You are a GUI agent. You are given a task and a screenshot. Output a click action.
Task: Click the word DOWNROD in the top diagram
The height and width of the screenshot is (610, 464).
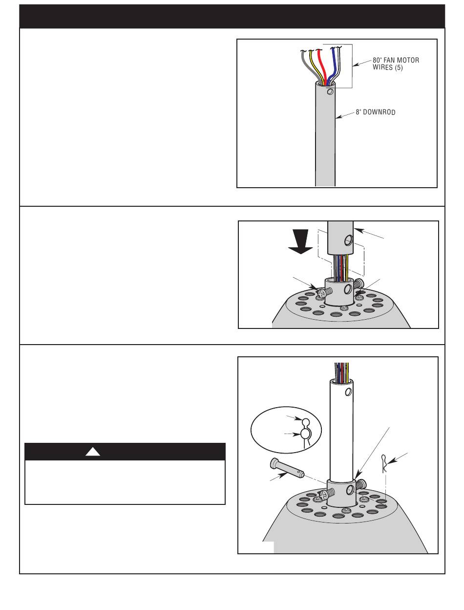click(x=379, y=112)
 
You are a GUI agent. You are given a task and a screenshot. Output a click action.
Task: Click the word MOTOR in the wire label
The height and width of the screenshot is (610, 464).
click(x=408, y=60)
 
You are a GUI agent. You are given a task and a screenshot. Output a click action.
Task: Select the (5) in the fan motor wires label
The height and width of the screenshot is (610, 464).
click(x=399, y=67)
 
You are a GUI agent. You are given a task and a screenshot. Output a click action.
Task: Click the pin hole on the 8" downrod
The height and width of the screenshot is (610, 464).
click(x=330, y=91)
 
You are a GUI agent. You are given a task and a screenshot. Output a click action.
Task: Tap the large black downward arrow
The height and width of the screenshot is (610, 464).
click(x=300, y=241)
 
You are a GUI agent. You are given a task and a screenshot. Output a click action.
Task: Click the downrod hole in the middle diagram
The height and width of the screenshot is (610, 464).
click(x=348, y=240)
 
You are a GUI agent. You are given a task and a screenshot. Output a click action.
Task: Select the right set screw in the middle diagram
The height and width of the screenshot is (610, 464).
click(x=359, y=284)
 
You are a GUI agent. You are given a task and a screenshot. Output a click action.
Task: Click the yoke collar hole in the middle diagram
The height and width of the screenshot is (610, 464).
click(x=348, y=289)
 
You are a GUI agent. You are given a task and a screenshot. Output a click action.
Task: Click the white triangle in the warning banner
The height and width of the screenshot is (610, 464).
click(x=93, y=452)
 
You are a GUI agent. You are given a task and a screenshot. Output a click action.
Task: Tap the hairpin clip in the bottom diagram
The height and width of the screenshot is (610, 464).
click(x=384, y=463)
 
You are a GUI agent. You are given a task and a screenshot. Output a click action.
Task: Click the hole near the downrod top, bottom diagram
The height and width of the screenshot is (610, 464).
click(x=348, y=392)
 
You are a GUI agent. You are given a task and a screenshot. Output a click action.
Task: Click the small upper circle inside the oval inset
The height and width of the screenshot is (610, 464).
click(x=305, y=423)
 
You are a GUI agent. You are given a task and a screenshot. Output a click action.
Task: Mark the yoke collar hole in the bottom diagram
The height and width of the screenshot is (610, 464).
click(x=350, y=490)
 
